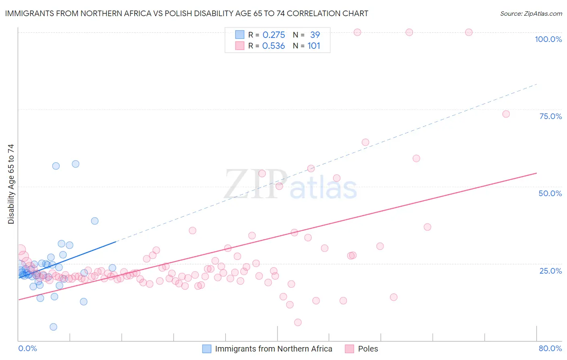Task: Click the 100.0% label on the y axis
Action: (548, 39)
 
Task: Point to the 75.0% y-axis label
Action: (550, 116)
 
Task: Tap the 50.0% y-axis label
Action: (550, 193)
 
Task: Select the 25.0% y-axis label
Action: (550, 270)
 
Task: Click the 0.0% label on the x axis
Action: (27, 348)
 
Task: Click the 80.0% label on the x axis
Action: (550, 348)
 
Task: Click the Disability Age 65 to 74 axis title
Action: (11, 184)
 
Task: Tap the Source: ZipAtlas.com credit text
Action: (531, 13)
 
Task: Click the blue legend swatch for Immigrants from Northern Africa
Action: (207, 349)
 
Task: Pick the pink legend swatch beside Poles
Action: (349, 349)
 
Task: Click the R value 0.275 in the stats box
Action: (274, 35)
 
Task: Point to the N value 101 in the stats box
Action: (314, 46)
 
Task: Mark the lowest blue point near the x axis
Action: (53, 327)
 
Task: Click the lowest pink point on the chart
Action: (298, 322)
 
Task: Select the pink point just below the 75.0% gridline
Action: (506, 114)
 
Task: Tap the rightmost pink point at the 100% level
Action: (469, 32)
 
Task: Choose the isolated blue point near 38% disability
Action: (95, 221)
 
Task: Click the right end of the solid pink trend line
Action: (537, 173)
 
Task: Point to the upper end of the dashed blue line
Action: (537, 84)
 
